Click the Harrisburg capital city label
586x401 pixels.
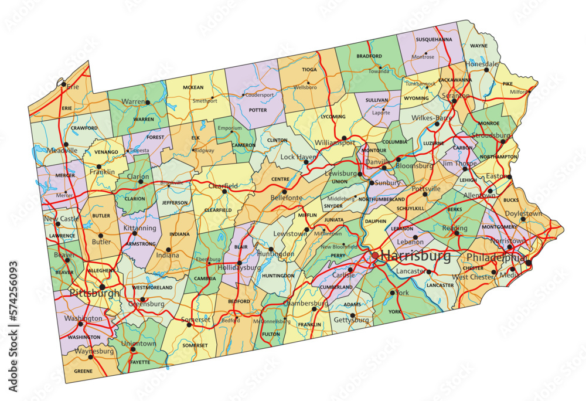click(x=416, y=256)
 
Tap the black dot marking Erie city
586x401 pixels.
click(x=63, y=84)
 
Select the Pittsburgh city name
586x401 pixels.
click(x=94, y=292)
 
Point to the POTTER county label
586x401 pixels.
click(x=258, y=110)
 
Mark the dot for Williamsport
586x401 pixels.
click(x=344, y=138)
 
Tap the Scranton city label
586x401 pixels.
click(x=456, y=95)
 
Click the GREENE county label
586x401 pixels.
click(x=83, y=371)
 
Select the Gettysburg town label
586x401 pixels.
click(x=351, y=320)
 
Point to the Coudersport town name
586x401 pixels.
click(x=260, y=94)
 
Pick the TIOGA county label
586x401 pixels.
click(x=309, y=69)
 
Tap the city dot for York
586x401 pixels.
click(x=392, y=292)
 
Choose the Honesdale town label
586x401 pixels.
click(x=482, y=64)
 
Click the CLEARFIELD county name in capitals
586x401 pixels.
click(x=218, y=210)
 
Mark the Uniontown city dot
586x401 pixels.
click(x=132, y=349)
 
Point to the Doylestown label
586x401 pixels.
click(x=523, y=214)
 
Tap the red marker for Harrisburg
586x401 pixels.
click(x=375, y=256)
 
